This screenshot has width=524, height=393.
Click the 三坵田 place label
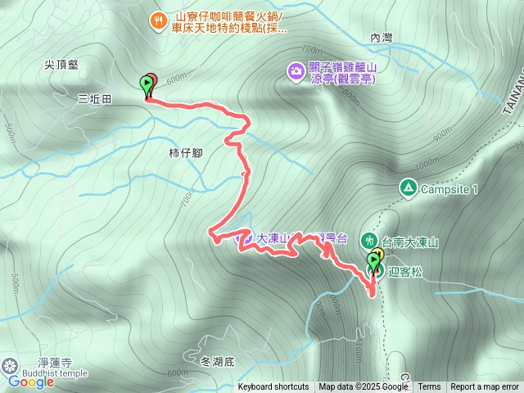coord(94,98)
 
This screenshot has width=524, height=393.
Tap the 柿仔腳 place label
coord(185,152)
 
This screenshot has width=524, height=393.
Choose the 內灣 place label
coord(382,38)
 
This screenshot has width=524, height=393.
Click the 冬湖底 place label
coord(217,359)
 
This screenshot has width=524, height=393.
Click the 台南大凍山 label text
coord(411,242)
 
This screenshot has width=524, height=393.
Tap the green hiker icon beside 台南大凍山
coord(368,242)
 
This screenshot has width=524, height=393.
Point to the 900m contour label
coord(443,134)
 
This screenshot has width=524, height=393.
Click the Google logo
coord(31,382)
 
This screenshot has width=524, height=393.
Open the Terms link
coord(429,387)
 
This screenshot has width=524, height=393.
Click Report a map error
coord(485,387)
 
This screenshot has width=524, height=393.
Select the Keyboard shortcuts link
coord(273,387)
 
